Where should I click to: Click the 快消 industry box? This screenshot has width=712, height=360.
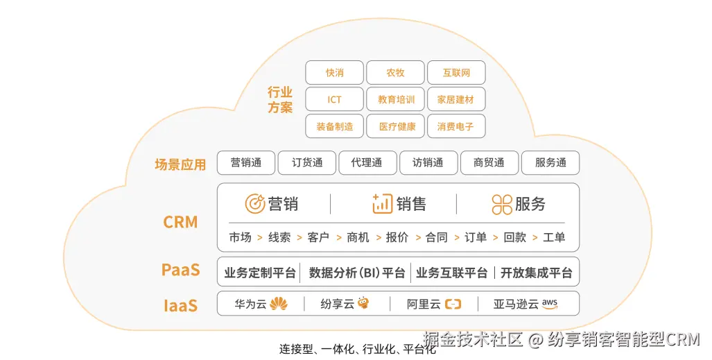point(334,73)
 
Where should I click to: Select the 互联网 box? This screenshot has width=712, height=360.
point(456,73)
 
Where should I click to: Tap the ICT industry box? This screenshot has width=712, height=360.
point(334,100)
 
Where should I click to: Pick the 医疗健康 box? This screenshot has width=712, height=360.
point(395,126)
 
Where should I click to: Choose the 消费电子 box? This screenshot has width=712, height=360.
point(456,126)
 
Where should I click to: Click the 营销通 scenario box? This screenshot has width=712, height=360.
point(246,163)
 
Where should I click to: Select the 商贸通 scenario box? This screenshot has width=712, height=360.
point(489,163)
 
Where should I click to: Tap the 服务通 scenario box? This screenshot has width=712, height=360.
point(550,163)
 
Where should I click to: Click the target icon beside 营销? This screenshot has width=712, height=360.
point(255,204)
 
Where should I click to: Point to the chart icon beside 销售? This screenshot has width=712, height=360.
point(382,204)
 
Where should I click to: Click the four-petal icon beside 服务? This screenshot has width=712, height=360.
point(502,205)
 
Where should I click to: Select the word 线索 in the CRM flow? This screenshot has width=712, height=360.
point(279,237)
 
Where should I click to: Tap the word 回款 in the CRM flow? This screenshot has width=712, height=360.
point(514,237)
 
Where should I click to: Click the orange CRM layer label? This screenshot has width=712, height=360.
point(180,223)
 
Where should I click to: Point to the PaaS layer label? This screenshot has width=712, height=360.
point(180,270)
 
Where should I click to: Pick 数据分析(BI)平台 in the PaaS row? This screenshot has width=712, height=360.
point(357,273)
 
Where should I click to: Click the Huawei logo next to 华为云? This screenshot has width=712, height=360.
point(279,304)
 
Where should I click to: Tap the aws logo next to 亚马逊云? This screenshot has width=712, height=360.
point(550,303)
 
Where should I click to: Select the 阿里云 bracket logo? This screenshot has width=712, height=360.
point(453,304)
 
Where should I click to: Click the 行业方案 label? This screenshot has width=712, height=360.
point(280,100)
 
